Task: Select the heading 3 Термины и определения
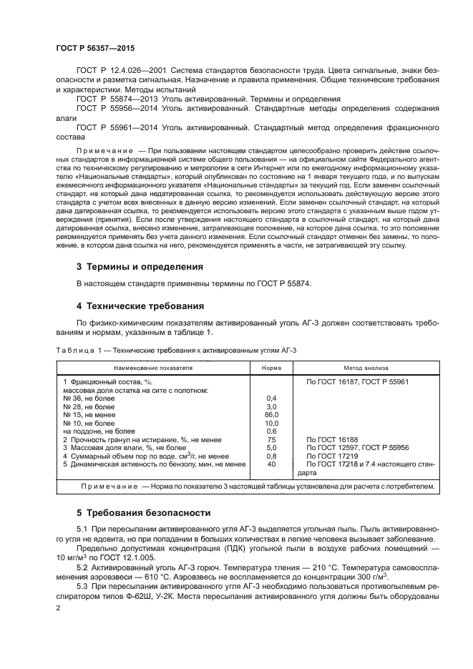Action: pos(140,266)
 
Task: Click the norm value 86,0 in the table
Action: pos(271,414)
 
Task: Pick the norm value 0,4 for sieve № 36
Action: pos(271,398)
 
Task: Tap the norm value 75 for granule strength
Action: pos(271,439)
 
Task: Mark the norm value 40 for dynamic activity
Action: pos(271,464)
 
